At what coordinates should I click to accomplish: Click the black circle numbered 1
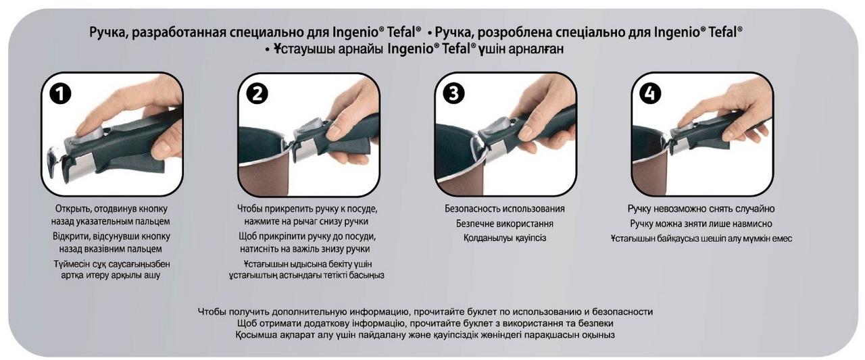click(x=61, y=93)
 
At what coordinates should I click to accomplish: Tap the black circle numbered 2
click(x=257, y=93)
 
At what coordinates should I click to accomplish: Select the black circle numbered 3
click(x=453, y=93)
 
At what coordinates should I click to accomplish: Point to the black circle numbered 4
click(x=650, y=93)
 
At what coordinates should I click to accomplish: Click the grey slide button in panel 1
click(x=88, y=137)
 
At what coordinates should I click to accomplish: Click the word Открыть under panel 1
click(x=72, y=209)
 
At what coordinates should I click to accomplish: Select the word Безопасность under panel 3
click(x=472, y=209)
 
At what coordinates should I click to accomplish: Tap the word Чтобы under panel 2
click(x=249, y=209)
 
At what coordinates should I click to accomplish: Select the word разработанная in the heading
click(x=179, y=32)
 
